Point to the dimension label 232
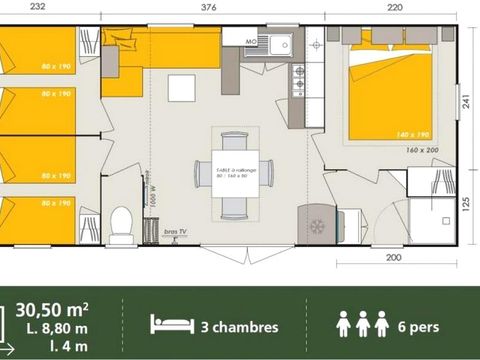point(38,5)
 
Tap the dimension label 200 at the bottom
point(393,257)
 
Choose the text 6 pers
point(416,325)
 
